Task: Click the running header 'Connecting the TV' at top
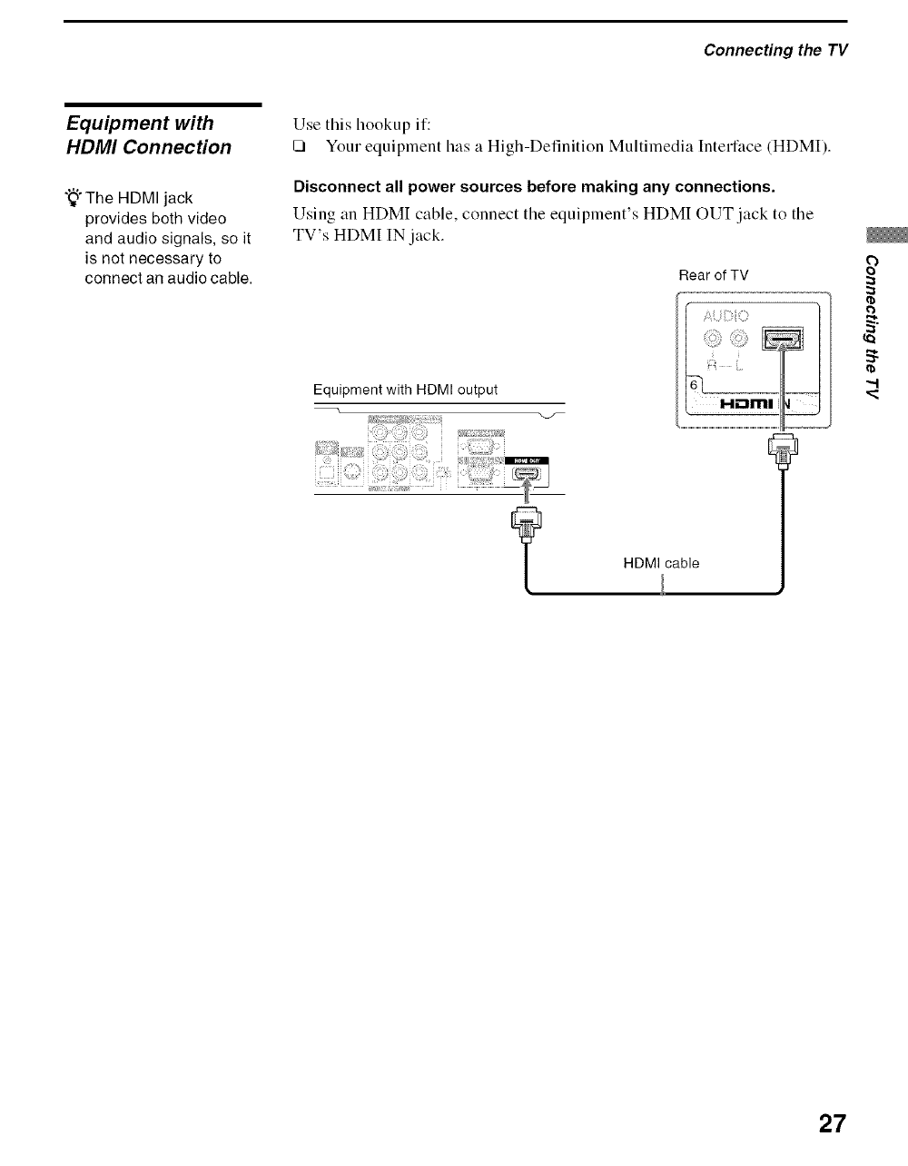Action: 775,50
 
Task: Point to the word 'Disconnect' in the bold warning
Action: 331,187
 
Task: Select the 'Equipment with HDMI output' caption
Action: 405,390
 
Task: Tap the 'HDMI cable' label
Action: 661,563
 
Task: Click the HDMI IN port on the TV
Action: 782,340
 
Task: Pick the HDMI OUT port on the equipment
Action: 526,470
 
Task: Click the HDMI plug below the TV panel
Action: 782,450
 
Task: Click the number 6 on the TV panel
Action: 695,386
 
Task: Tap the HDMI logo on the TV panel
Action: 745,403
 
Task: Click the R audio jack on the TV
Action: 713,341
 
